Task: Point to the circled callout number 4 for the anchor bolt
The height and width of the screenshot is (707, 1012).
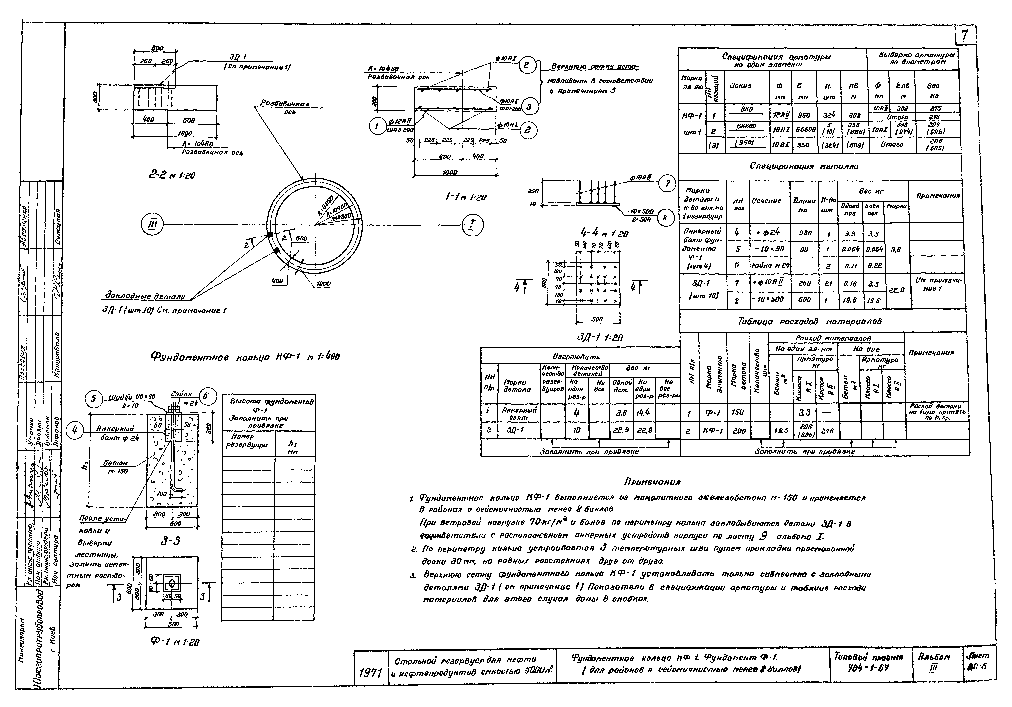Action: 74,430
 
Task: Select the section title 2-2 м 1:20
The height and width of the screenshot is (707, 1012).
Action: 172,175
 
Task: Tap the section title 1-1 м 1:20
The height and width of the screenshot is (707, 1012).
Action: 465,197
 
